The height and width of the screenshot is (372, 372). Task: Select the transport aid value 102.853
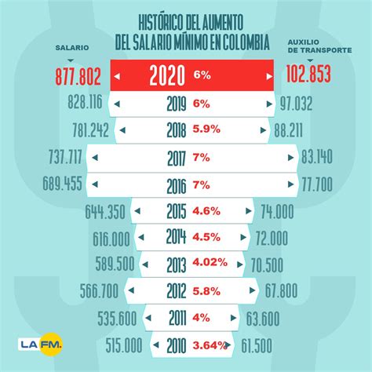pos(308,76)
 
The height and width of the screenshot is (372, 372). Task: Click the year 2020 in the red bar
pos(166,75)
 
